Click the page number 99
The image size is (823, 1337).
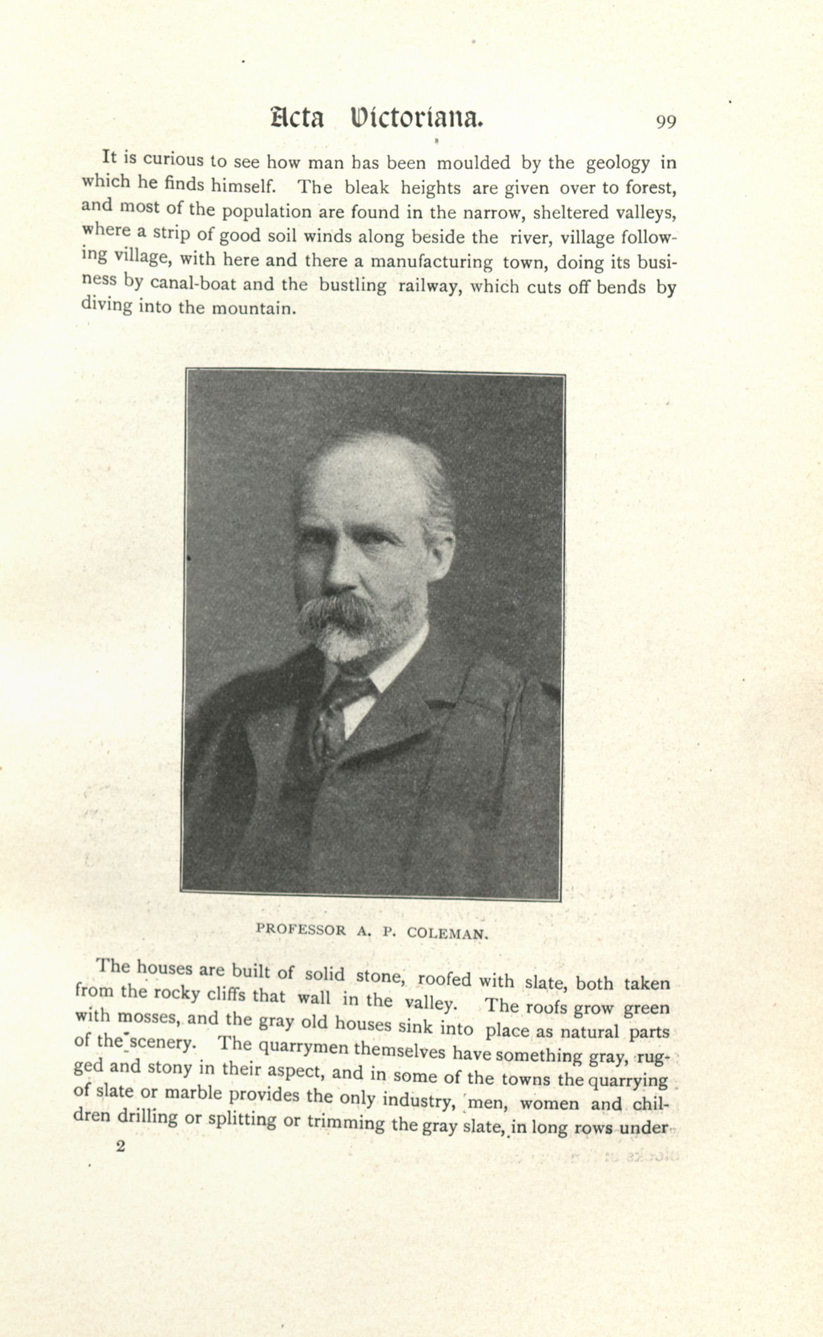pyautogui.click(x=666, y=121)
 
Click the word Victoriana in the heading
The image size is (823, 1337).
pyautogui.click(x=417, y=118)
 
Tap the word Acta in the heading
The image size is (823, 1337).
pyautogui.click(x=297, y=118)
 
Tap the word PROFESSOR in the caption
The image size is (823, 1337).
pyautogui.click(x=300, y=929)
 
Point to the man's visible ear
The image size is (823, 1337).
pyautogui.click(x=440, y=555)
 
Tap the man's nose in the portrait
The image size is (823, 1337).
pyautogui.click(x=340, y=574)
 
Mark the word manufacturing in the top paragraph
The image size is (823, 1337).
pyautogui.click(x=431, y=262)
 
